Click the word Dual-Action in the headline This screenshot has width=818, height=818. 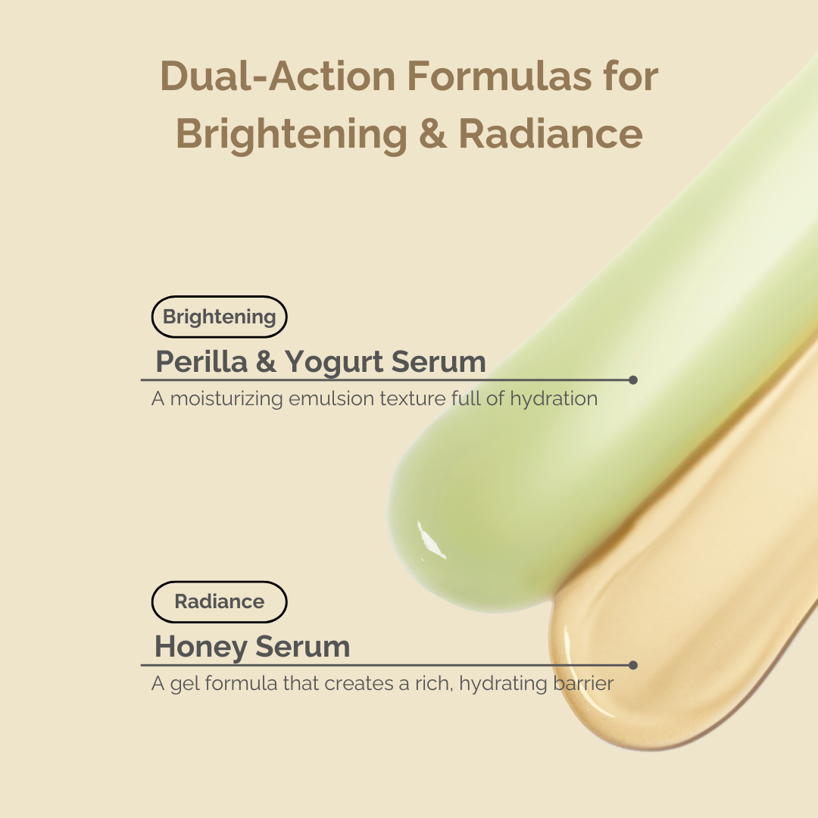277,76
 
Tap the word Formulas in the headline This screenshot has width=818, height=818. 499,76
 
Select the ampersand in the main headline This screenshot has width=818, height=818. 432,134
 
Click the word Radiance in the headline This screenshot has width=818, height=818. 551,134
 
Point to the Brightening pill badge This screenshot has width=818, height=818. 219,317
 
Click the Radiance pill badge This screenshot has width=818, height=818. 219,601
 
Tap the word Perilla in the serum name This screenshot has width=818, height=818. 201,361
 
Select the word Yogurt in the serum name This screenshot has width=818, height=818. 334,362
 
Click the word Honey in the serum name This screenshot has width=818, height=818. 201,646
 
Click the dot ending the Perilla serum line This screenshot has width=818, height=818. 632,379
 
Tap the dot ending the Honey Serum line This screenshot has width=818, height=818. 632,665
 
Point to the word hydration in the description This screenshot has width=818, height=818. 554,398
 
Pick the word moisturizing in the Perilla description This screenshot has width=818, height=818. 227,399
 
